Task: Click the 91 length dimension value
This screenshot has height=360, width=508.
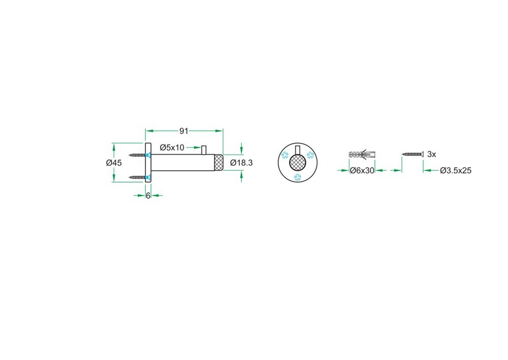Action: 184,131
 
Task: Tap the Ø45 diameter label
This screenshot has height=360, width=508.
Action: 114,163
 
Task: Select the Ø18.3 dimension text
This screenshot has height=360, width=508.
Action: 241,163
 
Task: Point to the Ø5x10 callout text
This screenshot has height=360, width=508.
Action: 172,147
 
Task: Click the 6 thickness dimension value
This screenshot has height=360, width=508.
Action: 148,196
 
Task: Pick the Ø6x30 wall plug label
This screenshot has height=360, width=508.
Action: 362,171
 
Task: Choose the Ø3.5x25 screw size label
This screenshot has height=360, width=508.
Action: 456,171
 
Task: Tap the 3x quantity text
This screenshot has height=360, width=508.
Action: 431,155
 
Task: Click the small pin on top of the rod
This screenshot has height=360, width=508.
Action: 204,150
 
